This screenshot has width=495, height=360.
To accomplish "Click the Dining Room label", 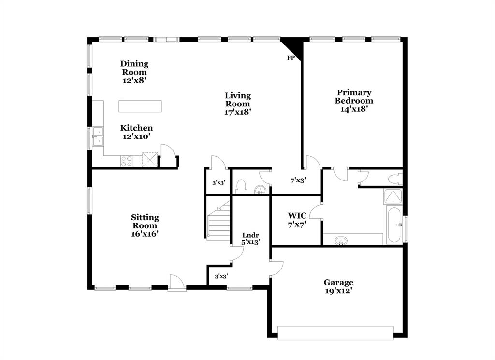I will [x=134, y=68].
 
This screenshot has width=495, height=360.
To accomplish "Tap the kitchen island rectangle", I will [x=140, y=106].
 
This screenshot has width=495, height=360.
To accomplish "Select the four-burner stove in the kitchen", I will [x=127, y=161].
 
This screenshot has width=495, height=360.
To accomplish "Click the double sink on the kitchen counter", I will [x=98, y=137].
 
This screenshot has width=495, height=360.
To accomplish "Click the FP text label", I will [x=291, y=58].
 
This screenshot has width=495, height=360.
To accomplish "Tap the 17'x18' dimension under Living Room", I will [x=237, y=112].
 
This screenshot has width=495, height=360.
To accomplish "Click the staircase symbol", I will [x=218, y=223].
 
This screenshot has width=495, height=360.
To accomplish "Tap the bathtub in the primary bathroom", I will [x=393, y=225].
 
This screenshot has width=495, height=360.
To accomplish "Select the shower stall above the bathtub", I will [x=393, y=196].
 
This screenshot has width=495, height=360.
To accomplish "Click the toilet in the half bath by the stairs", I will [x=240, y=186].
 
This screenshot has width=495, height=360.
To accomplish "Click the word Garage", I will [x=338, y=282].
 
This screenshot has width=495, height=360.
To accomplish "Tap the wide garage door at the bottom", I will [x=335, y=332].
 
